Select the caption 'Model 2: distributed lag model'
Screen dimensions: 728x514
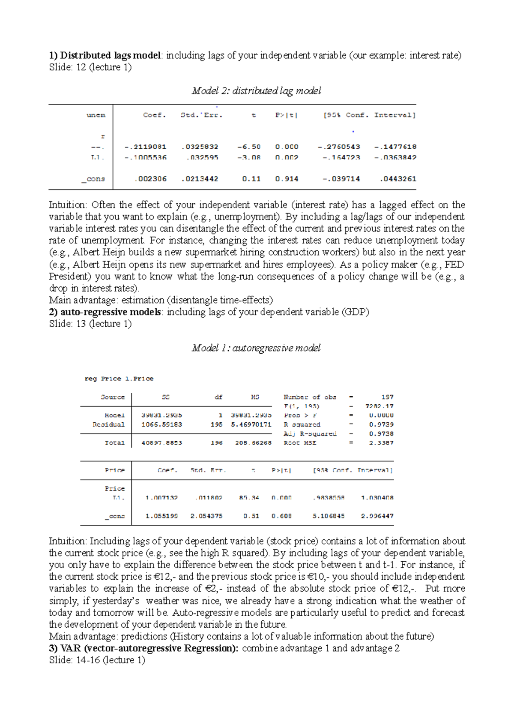256,91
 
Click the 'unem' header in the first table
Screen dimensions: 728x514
96,115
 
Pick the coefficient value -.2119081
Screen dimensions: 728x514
145,147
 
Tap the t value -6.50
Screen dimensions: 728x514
249,147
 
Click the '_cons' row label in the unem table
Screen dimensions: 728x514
93,179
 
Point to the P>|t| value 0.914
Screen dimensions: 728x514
287,179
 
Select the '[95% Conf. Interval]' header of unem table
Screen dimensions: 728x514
369,115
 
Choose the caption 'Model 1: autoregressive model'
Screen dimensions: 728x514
256,348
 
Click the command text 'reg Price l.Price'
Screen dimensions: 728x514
119,379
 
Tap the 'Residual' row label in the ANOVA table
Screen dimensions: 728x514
109,424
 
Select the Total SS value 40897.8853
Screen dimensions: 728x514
161,442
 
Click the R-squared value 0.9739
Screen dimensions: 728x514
381,424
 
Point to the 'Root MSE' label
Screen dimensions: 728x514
300,442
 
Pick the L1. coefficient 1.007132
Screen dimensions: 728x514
161,498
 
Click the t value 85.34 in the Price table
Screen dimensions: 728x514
249,498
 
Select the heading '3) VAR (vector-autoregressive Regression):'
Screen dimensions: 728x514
144,648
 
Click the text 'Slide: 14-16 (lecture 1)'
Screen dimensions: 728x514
97,660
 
